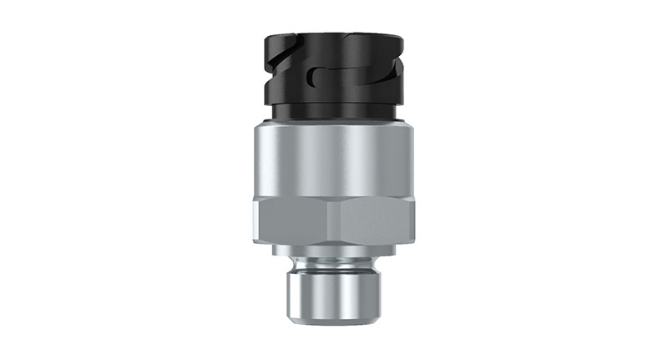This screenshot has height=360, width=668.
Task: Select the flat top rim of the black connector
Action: (334, 36)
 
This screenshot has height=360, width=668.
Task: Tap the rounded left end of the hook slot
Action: (311, 79)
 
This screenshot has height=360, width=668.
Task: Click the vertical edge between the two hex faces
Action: (334, 221)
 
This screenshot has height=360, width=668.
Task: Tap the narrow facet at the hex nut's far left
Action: (256, 221)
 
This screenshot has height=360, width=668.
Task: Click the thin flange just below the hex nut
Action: (334, 247)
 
